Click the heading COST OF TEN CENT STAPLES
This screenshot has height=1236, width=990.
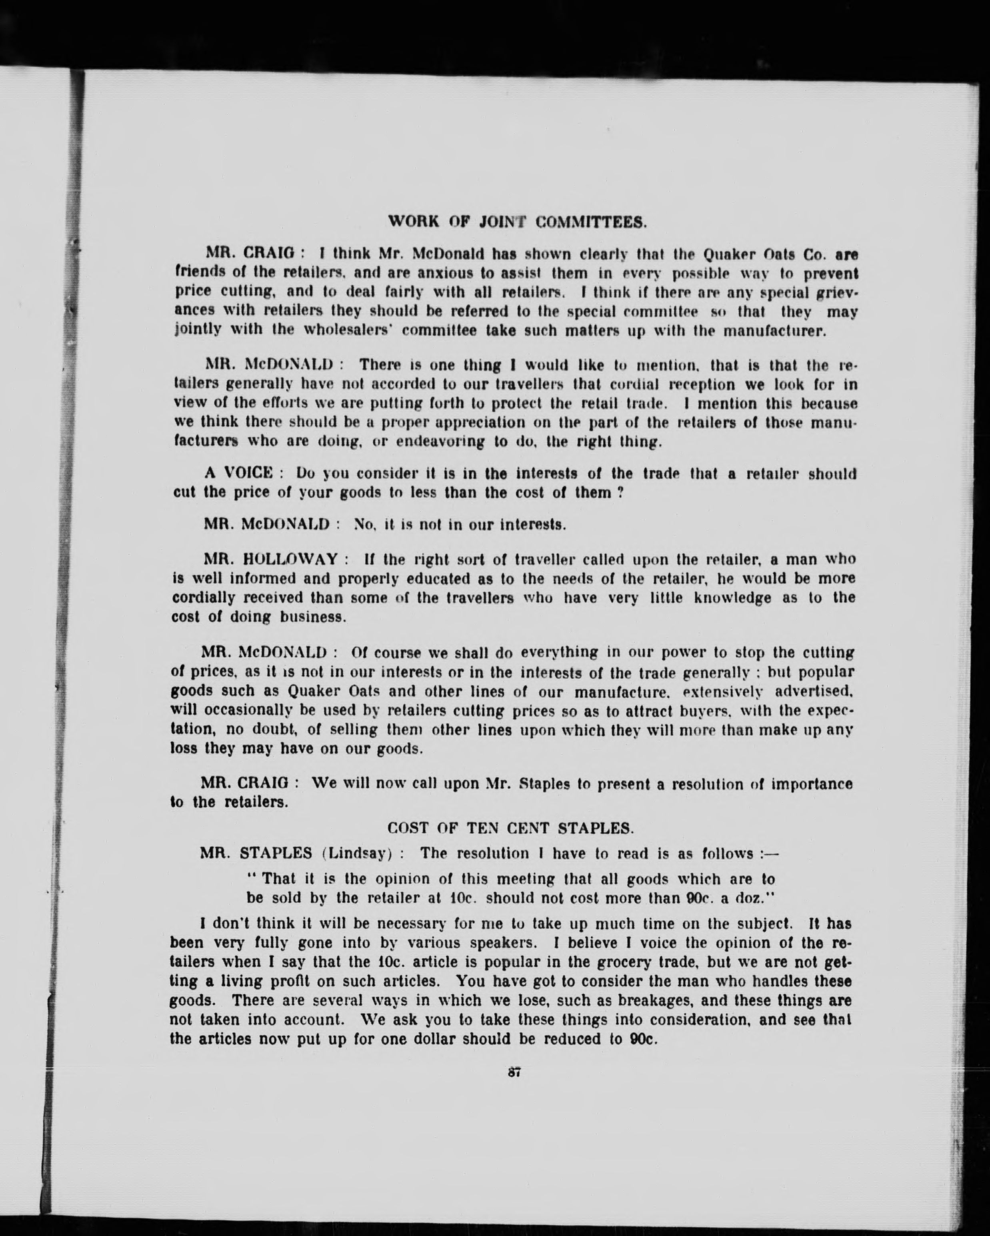pos(510,828)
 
